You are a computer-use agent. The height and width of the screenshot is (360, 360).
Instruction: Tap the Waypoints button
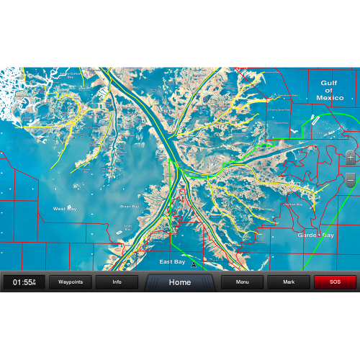[70, 282]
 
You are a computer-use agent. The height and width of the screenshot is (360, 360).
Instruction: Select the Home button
[180, 282]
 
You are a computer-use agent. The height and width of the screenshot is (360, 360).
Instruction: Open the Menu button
[242, 282]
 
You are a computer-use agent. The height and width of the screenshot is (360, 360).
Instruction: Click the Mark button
[289, 282]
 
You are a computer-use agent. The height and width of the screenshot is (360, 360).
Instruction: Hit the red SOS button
[335, 282]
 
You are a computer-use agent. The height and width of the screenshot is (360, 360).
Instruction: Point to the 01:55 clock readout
[24, 282]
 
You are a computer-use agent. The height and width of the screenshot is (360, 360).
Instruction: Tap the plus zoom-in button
[350, 156]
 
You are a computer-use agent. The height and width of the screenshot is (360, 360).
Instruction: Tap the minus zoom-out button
[350, 179]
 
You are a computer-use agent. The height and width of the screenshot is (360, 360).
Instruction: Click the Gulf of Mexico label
[328, 90]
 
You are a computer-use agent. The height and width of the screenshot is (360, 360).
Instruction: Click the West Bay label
[65, 208]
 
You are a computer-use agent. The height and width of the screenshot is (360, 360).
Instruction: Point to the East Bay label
[172, 261]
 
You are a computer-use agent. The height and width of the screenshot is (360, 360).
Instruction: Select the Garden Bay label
[316, 235]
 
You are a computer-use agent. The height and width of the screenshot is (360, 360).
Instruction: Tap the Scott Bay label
[127, 228]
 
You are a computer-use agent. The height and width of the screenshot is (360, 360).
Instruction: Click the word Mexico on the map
[328, 98]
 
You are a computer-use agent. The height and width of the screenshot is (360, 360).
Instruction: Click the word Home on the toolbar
[180, 282]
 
